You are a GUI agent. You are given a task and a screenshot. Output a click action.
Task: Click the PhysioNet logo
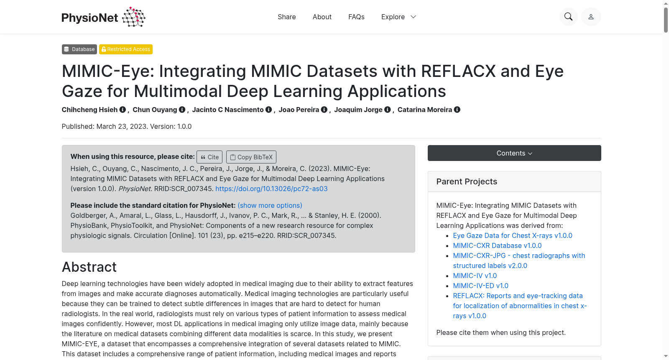(x=103, y=17)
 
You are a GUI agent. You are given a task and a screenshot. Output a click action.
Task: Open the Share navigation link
(x=287, y=17)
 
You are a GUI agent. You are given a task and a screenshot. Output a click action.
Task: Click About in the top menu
(x=322, y=17)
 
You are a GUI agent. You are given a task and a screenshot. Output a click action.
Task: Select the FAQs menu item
(x=356, y=17)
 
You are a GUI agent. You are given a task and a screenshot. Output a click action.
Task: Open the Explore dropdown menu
(x=399, y=17)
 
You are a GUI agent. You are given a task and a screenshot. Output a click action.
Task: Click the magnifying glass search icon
(x=568, y=17)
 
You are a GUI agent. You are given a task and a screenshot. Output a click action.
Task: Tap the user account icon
(x=591, y=17)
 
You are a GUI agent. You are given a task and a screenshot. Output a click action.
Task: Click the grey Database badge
(x=79, y=49)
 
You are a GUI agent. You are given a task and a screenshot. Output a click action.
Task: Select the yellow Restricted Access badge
(x=126, y=49)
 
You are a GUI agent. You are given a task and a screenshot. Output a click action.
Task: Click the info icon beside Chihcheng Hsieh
(x=123, y=110)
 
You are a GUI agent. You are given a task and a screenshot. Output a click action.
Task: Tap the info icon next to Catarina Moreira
(x=457, y=110)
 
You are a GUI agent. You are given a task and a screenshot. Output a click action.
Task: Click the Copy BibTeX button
(x=251, y=157)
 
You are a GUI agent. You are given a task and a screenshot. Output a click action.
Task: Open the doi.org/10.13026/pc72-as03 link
(x=271, y=189)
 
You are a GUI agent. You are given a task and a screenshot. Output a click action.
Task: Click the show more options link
(x=270, y=206)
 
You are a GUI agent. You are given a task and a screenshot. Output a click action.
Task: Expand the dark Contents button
(x=514, y=153)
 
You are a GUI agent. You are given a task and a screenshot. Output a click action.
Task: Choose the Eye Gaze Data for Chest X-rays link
(x=513, y=236)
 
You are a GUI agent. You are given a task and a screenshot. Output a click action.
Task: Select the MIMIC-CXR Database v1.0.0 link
(x=497, y=245)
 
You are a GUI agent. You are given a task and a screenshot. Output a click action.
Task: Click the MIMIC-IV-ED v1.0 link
(x=480, y=286)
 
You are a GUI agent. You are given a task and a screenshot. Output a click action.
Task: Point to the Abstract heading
(x=89, y=267)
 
